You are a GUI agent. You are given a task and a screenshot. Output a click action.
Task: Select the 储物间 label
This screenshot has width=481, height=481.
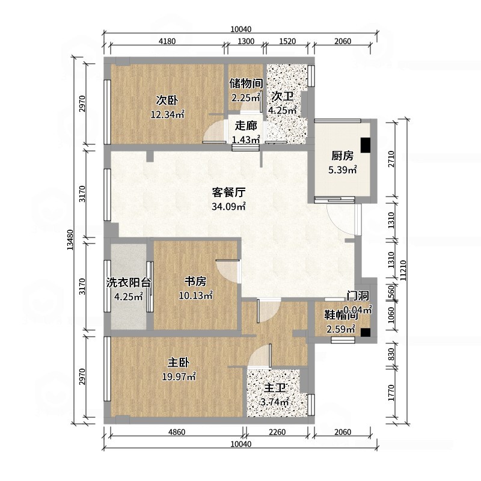click(245, 84)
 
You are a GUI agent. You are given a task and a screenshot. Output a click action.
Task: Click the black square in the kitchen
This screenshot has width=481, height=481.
click(365, 146)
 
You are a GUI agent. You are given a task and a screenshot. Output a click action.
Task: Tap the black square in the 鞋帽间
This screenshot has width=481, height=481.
click(365, 331)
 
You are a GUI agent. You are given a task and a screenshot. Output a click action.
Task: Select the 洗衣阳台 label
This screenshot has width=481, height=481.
click(128, 282)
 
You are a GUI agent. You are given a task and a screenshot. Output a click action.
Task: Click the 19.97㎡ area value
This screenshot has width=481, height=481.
click(180, 377)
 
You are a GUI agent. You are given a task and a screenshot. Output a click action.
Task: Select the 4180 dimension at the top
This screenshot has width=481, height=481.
click(167, 41)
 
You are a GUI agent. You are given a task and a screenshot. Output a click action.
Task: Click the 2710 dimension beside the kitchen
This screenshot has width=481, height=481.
click(391, 159)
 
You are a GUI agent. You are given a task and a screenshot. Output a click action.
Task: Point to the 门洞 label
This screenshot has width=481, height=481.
click(357, 296)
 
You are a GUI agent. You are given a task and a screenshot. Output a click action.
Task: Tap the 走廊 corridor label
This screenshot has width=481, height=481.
click(245, 126)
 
